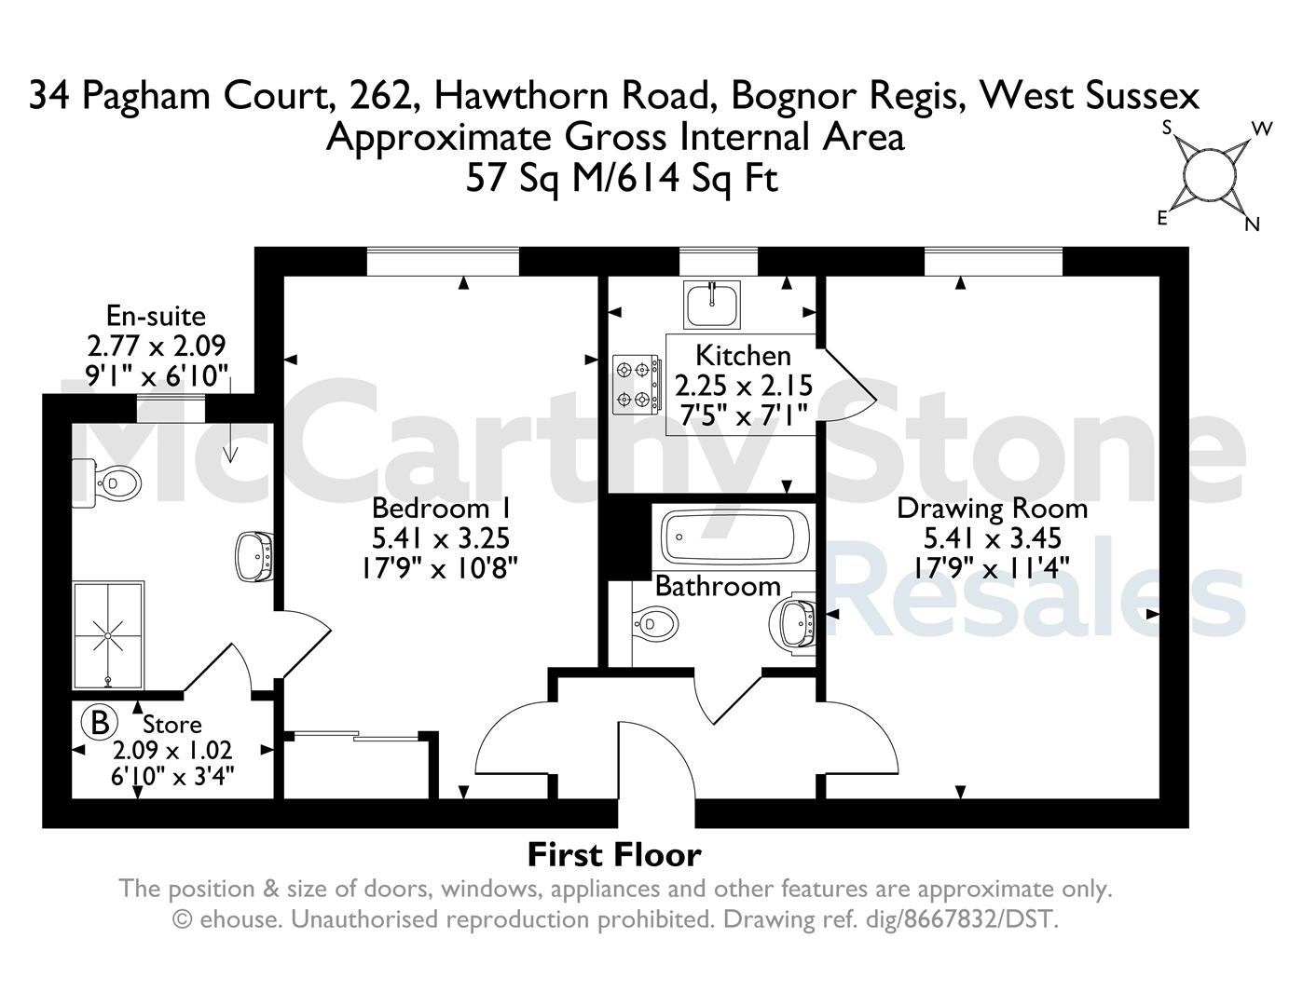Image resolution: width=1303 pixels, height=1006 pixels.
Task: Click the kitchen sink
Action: pos(712,305)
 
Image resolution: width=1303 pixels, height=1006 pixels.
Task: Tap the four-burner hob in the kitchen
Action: pos(637,384)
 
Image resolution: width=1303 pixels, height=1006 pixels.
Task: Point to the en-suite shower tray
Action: pos(108,634)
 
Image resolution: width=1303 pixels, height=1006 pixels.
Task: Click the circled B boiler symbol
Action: pos(99,723)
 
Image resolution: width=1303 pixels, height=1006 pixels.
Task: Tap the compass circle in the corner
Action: pos(1210,176)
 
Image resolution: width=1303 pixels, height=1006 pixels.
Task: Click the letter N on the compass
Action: pos(1252,224)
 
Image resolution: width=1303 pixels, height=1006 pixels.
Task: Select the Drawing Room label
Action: pos(993,509)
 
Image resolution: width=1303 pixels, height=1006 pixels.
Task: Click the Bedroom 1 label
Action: pos(442,508)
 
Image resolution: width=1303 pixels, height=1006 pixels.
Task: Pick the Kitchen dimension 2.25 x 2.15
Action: pos(744,386)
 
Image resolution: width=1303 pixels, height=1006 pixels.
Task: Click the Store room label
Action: pos(171,725)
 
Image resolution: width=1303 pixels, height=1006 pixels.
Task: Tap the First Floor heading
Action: pos(614,855)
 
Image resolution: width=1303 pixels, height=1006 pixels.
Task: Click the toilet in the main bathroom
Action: pos(655,624)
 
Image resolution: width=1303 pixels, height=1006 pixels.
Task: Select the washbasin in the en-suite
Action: pos(255,557)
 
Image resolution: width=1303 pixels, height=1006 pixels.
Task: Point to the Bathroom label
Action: pos(718,585)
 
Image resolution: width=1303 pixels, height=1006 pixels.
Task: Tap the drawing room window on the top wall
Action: pos(993,262)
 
